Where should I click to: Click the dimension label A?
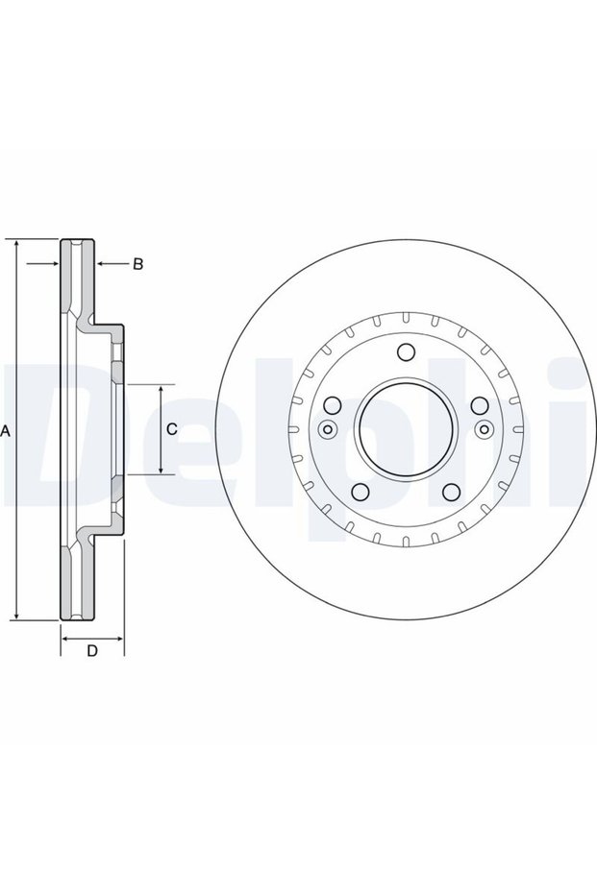(6, 431)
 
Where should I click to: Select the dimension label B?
(137, 264)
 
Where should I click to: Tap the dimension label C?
(172, 429)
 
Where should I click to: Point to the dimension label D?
(92, 650)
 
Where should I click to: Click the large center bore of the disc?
(406, 428)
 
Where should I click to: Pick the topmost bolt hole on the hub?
(406, 352)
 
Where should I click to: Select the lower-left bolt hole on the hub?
(361, 492)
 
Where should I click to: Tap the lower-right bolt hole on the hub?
(451, 492)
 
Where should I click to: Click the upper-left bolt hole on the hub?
(333, 405)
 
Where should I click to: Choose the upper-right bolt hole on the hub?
(480, 405)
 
